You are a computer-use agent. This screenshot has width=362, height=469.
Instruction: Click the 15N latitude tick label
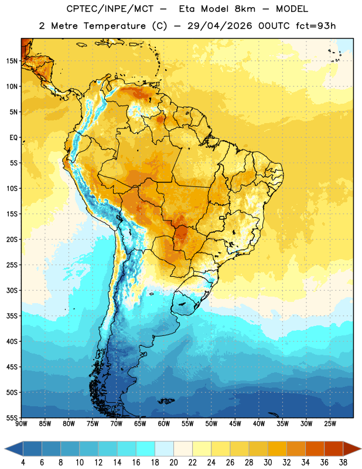click(12, 61)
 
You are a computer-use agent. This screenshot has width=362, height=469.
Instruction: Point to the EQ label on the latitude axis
click(13, 138)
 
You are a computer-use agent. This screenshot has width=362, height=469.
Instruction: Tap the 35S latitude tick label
click(12, 316)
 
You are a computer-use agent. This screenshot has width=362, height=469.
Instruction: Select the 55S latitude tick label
click(12, 417)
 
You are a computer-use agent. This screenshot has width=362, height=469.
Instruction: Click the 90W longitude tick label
click(21, 424)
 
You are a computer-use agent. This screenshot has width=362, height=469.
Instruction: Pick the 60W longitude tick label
click(164, 424)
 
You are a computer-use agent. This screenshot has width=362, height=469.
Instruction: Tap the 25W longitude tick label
click(330, 424)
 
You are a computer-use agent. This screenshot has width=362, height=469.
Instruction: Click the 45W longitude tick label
click(235, 424)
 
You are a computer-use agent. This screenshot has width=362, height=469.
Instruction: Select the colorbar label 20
click(173, 463)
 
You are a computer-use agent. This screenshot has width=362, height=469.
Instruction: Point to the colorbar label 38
click(343, 463)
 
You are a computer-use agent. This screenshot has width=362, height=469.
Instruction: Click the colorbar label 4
click(23, 463)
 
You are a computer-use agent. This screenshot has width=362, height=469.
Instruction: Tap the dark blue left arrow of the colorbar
click(14, 448)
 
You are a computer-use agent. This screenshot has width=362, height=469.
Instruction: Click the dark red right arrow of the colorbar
click(352, 448)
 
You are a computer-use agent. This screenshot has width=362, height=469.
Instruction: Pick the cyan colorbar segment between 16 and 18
click(146, 448)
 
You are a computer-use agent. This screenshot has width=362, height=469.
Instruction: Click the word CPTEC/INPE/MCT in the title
click(110, 9)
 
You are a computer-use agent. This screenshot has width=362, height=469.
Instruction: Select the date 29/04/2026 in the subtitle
click(220, 26)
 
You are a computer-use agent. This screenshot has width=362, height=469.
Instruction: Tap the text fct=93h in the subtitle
click(316, 26)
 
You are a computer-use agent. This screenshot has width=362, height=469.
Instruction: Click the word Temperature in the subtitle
click(114, 26)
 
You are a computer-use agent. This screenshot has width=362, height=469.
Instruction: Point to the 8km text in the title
click(245, 9)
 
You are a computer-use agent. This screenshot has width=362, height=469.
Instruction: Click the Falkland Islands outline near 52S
click(166, 401)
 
